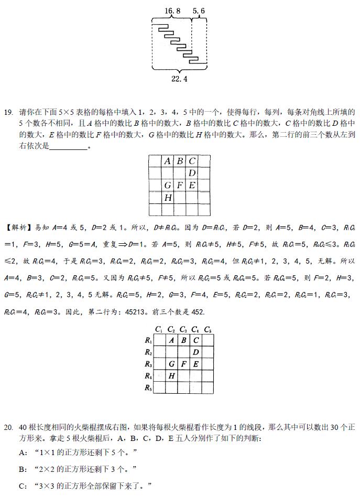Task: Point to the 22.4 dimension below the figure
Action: point(179,79)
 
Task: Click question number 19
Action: point(8,112)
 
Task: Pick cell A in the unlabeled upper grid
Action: point(168,161)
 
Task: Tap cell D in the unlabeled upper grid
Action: point(192,173)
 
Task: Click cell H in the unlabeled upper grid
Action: point(168,198)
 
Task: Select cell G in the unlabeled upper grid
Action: point(168,185)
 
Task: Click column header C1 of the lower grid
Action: point(159,330)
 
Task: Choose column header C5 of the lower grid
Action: point(208,330)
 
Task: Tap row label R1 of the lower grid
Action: point(148,340)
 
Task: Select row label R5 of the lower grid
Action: point(148,389)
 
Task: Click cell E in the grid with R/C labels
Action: point(195,364)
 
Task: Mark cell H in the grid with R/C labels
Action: point(171,376)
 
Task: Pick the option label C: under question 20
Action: point(23,486)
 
